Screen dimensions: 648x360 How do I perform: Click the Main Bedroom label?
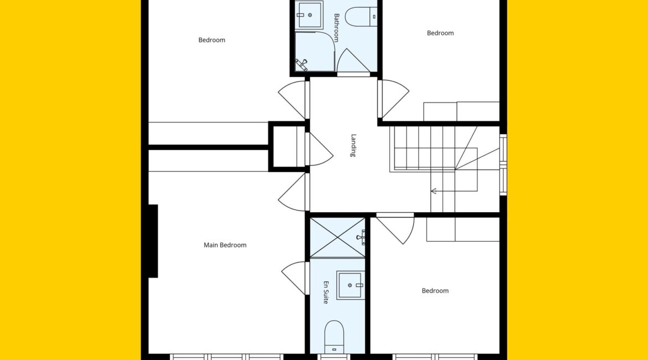click(225, 245)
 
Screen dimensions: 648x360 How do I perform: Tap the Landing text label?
click(353, 146)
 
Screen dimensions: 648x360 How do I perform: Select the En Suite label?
click(326, 292)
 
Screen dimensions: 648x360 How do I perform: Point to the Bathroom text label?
click(336, 28)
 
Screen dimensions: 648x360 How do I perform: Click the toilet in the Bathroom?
click(361, 17)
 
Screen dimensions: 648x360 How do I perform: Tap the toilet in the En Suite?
click(334, 337)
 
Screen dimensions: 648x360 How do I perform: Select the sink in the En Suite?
click(351, 285)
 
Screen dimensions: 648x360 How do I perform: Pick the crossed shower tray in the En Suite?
click(337, 237)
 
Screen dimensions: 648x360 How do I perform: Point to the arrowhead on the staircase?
click(434, 191)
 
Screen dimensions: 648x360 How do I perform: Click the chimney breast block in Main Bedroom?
click(153, 241)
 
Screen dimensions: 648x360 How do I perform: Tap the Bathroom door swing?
click(353, 61)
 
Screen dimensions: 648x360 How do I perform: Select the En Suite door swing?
click(295, 277)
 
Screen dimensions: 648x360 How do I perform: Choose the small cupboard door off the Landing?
click(319, 149)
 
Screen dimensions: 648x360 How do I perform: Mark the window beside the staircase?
click(503, 164)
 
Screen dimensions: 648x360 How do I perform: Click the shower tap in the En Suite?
click(361, 237)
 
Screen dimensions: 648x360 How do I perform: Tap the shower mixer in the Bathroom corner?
click(301, 64)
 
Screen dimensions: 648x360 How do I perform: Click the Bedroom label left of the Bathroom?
click(212, 40)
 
